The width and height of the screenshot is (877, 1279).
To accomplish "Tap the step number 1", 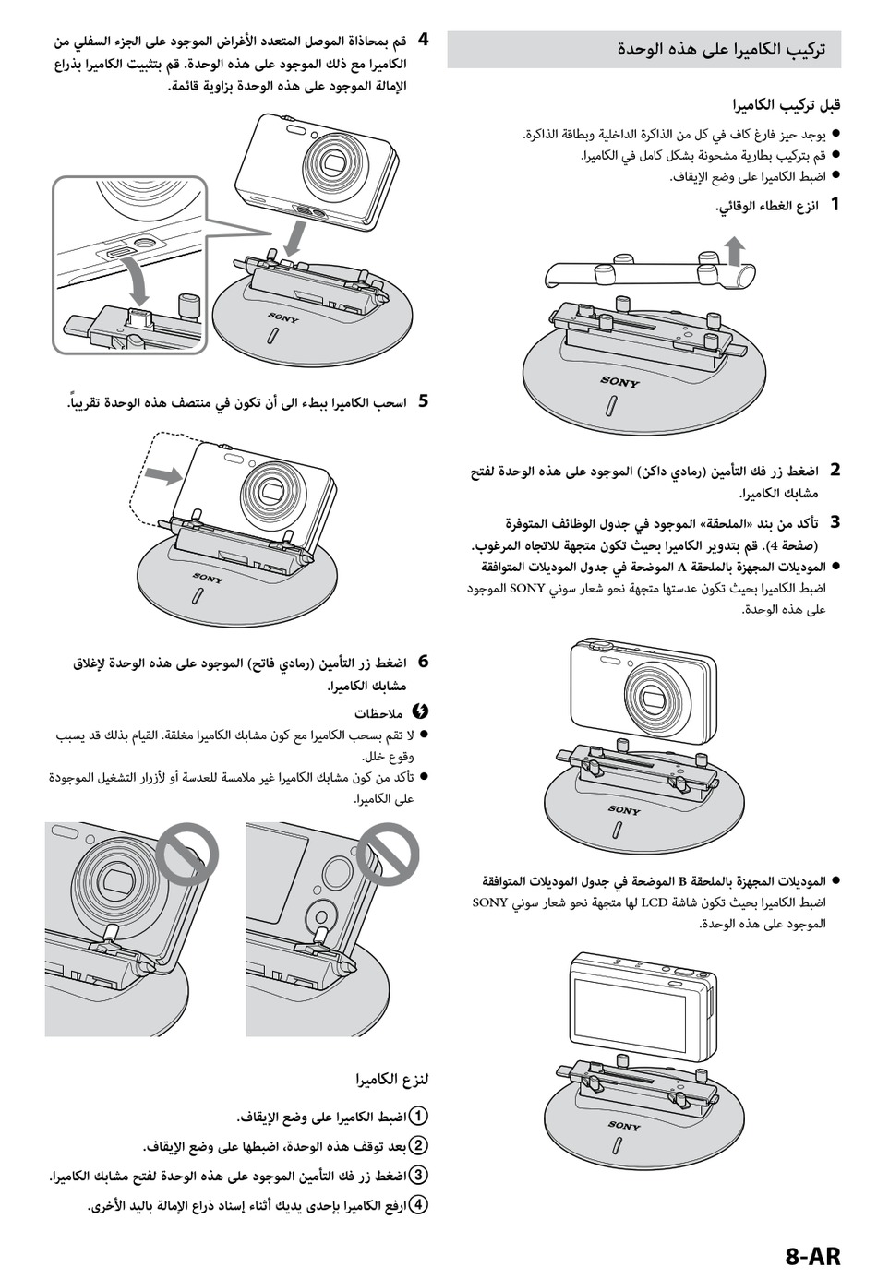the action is (x=835, y=204).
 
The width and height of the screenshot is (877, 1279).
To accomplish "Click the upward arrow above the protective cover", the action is (x=734, y=248).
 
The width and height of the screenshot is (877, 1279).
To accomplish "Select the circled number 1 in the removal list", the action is (x=418, y=1116).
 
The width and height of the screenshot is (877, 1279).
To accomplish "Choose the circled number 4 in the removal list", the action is (x=418, y=1204).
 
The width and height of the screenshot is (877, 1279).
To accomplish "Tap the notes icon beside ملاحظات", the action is (x=419, y=711).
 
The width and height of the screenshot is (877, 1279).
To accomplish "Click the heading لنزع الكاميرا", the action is (x=393, y=1079).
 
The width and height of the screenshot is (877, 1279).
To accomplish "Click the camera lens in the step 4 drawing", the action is (x=333, y=162).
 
